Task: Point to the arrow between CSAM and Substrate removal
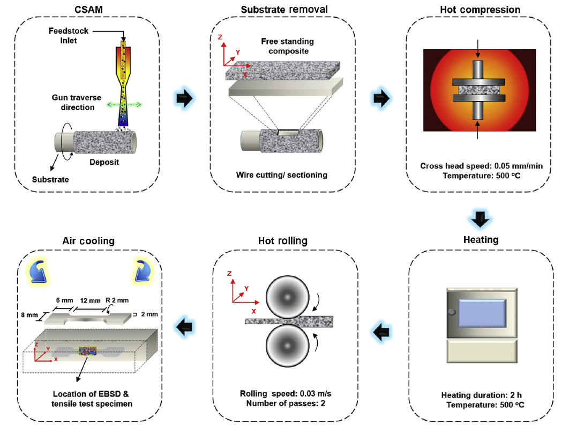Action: point(184,100)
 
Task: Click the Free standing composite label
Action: point(288,46)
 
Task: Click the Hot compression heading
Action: point(480,10)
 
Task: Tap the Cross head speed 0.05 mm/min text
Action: point(481,166)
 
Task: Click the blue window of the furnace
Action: point(480,315)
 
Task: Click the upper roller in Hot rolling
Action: point(287,297)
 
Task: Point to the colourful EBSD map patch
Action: point(86,350)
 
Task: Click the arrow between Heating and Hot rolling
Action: point(381,333)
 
